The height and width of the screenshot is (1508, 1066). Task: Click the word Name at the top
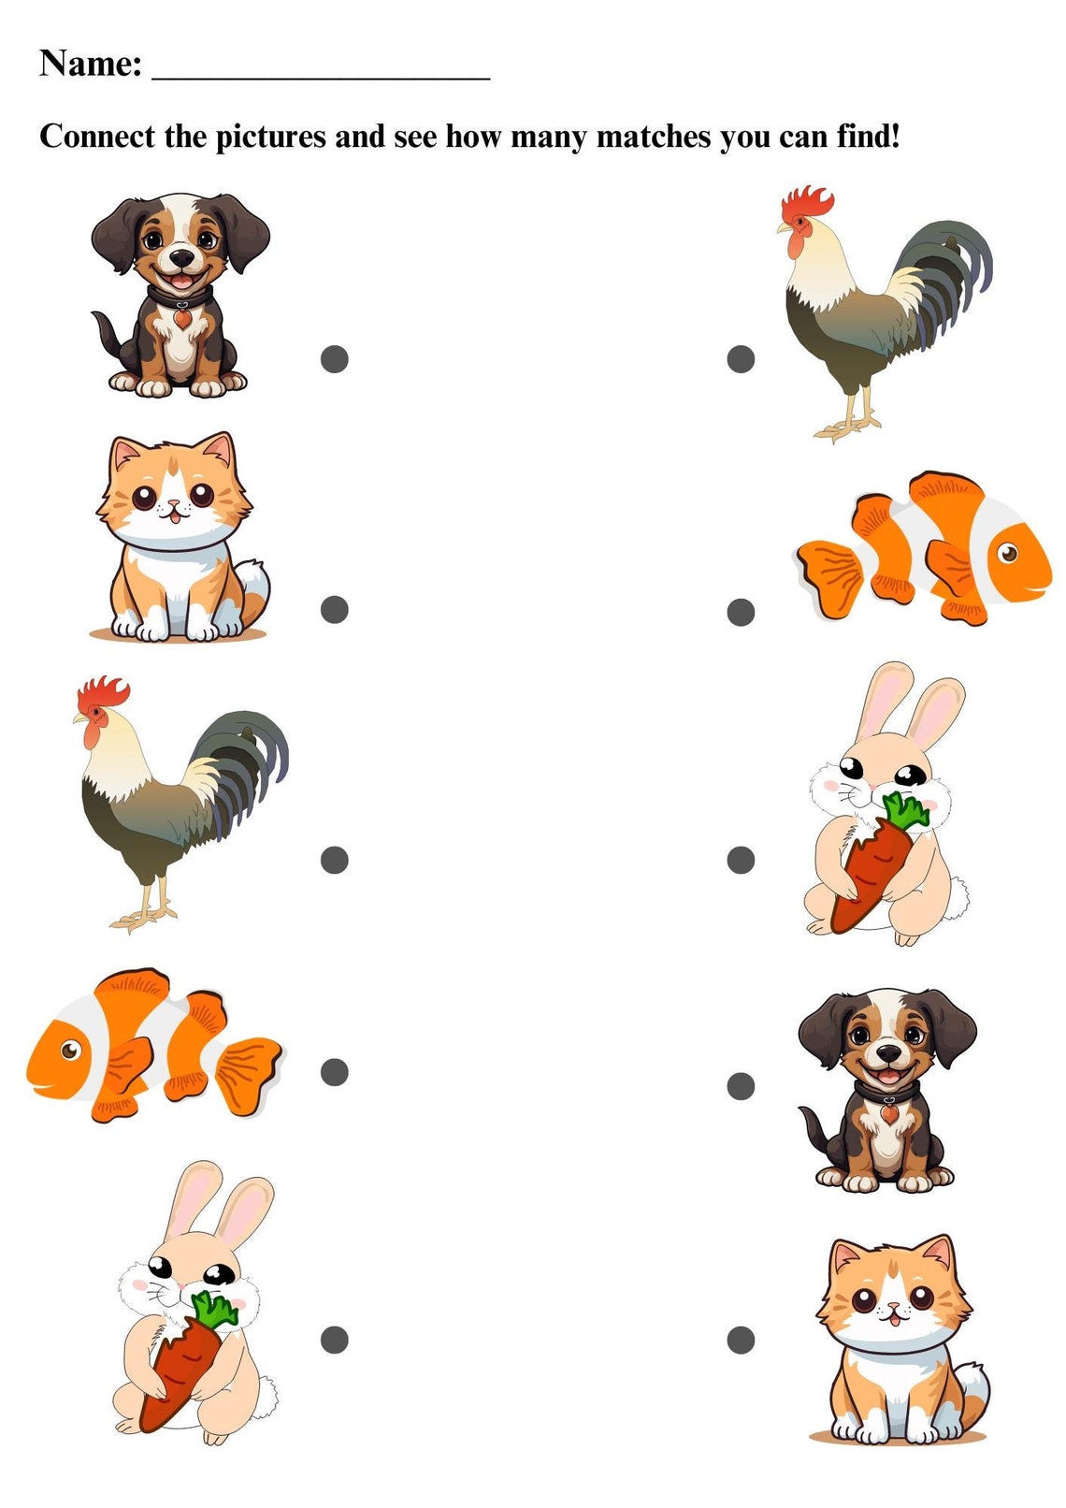[90, 64]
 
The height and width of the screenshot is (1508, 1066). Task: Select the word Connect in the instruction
[97, 137]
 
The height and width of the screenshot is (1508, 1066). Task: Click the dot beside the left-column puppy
[335, 359]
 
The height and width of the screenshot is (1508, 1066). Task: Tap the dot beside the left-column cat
[335, 609]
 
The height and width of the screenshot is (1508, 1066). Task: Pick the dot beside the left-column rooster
[335, 860]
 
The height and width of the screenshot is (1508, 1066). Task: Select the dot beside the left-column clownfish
[335, 1072]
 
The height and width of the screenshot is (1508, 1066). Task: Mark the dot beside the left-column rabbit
[335, 1340]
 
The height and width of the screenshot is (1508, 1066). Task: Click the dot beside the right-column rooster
[741, 359]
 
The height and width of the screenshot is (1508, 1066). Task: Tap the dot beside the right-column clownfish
[741, 612]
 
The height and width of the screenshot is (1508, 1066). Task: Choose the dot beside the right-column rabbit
[741, 860]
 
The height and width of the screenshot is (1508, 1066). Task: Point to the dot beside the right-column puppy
[741, 1086]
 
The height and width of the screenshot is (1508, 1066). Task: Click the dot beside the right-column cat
[741, 1340]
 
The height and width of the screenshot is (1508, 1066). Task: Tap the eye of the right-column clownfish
[1008, 553]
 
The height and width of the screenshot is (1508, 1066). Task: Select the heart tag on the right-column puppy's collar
[889, 1114]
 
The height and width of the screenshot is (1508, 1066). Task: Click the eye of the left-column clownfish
[69, 1050]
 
